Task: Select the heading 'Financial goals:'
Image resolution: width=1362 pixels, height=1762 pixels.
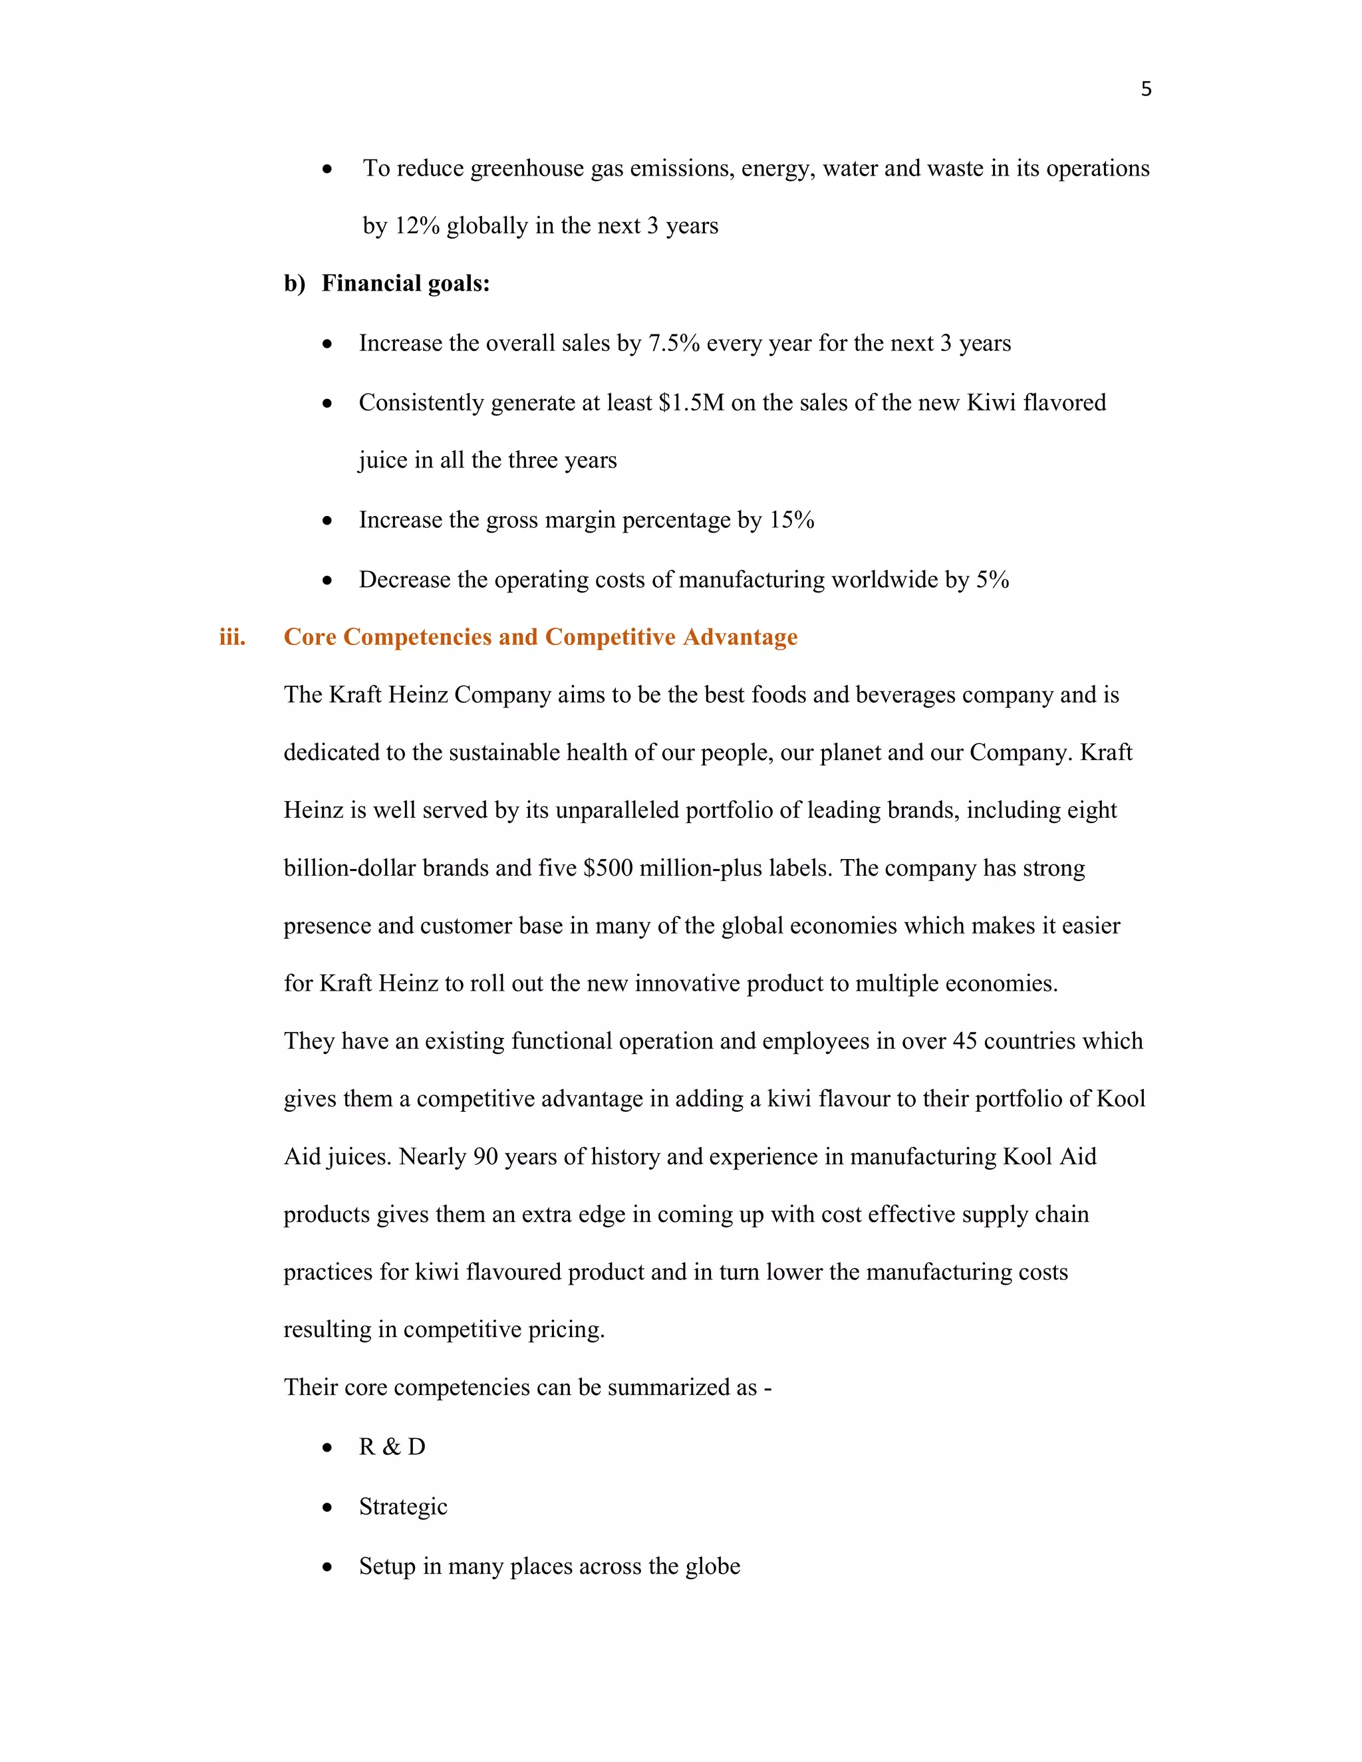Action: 405,284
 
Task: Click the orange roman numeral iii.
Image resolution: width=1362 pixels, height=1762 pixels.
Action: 232,638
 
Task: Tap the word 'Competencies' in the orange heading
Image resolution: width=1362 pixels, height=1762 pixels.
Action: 418,638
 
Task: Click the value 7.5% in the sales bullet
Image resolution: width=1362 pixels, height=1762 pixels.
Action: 674,344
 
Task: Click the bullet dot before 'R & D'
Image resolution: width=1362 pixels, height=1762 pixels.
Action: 327,1448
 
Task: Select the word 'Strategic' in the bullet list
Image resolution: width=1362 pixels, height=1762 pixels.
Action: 402,1507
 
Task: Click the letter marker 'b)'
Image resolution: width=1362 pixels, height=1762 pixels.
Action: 295,284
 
